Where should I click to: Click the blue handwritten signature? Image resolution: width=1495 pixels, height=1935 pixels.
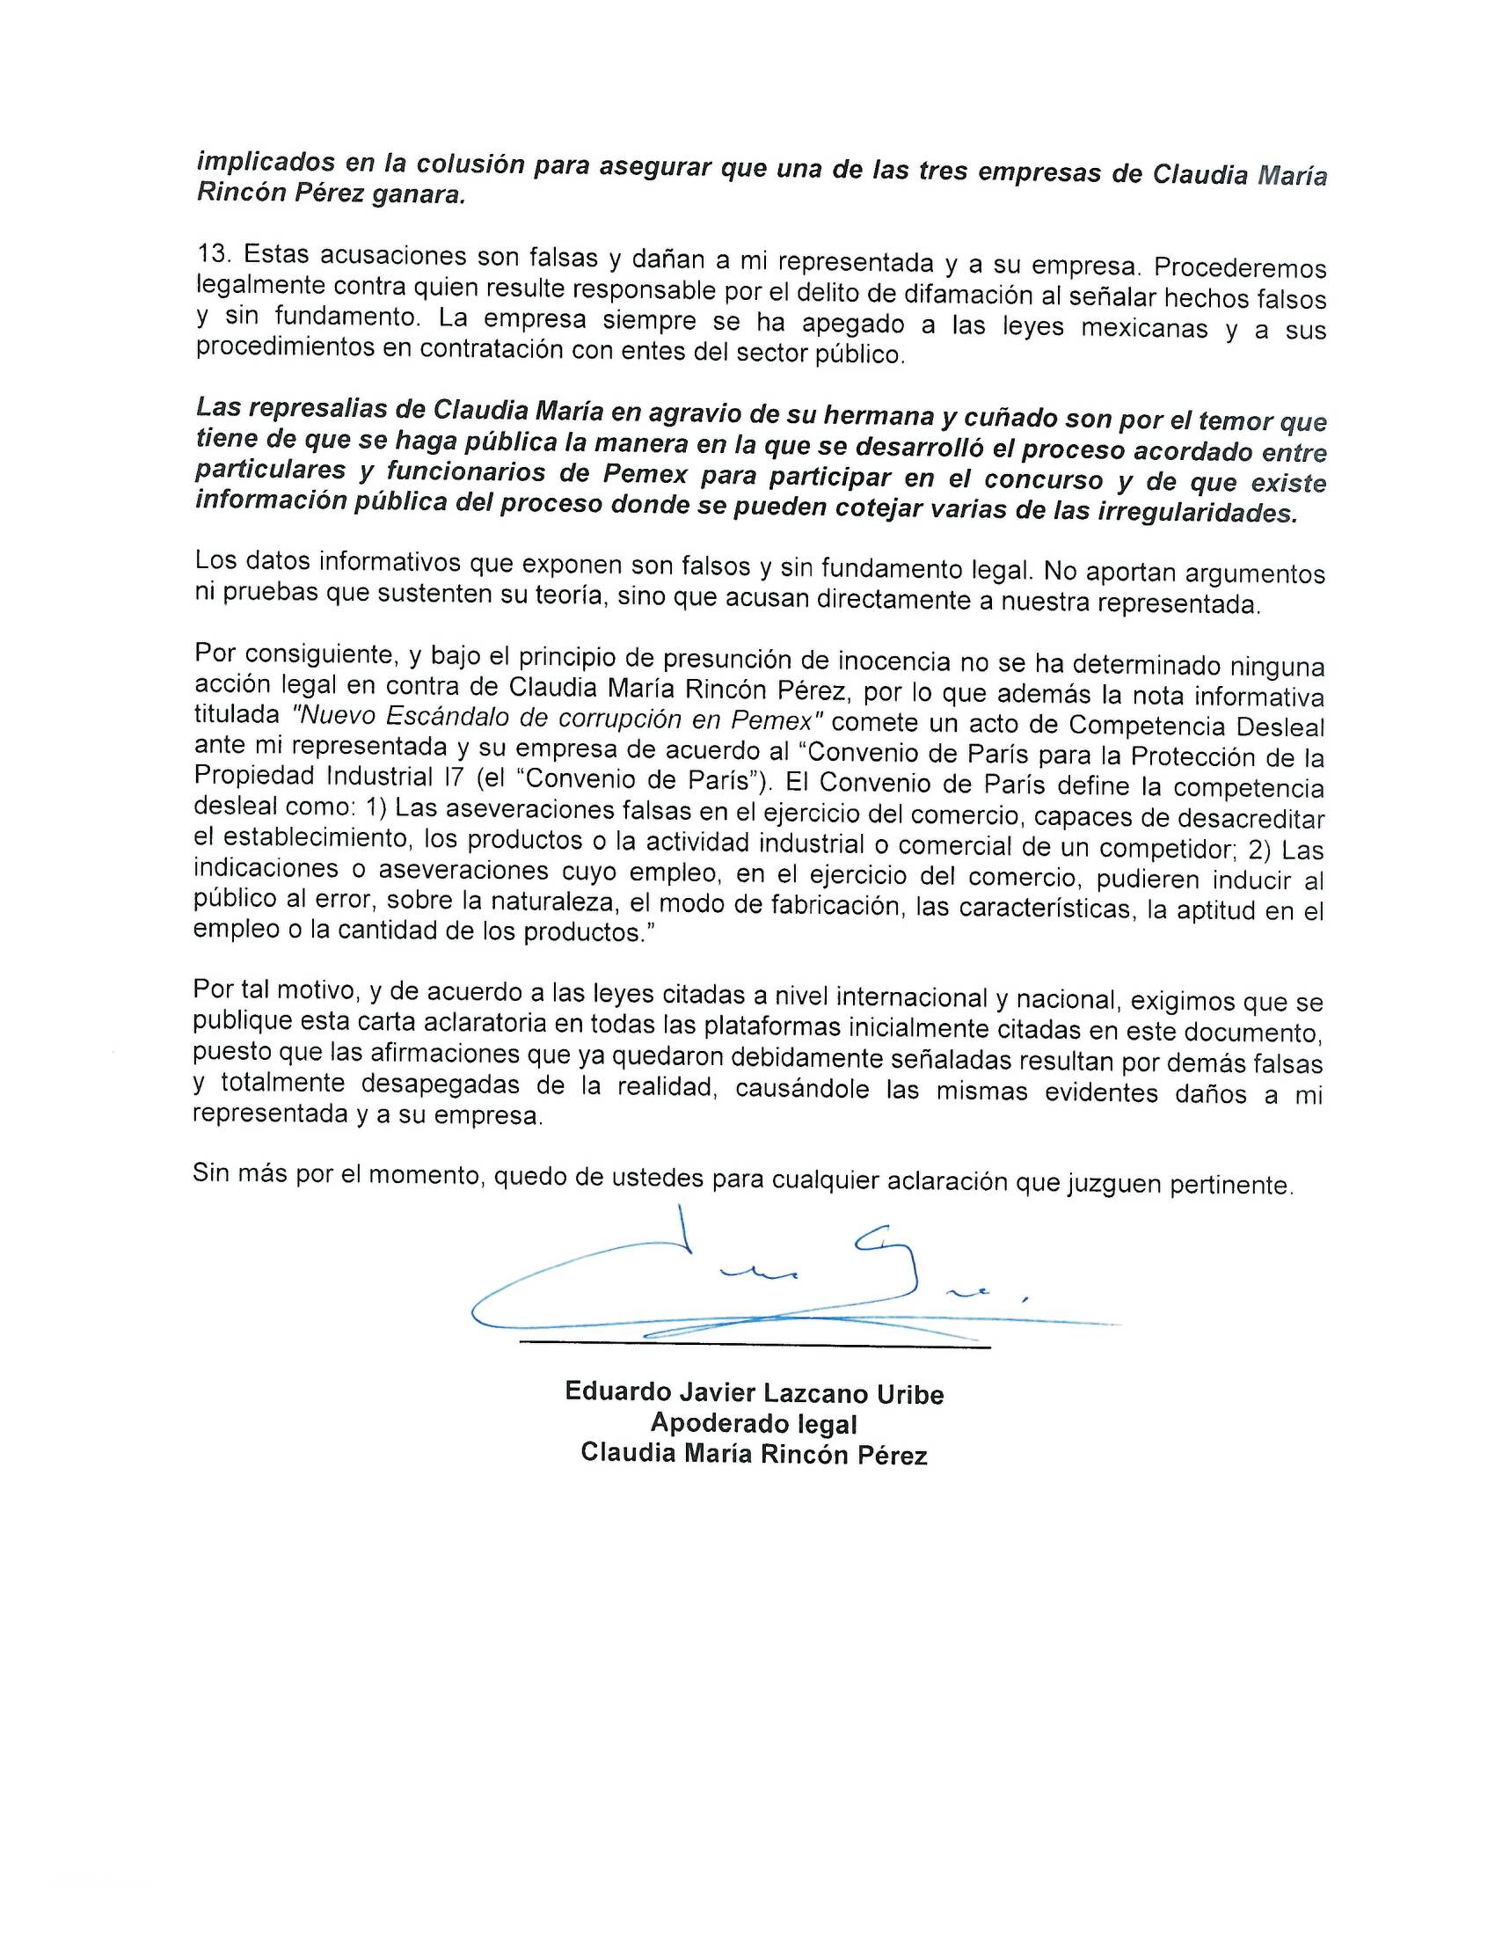(x=753, y=1285)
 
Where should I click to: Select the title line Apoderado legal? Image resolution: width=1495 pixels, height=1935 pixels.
(x=754, y=1424)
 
